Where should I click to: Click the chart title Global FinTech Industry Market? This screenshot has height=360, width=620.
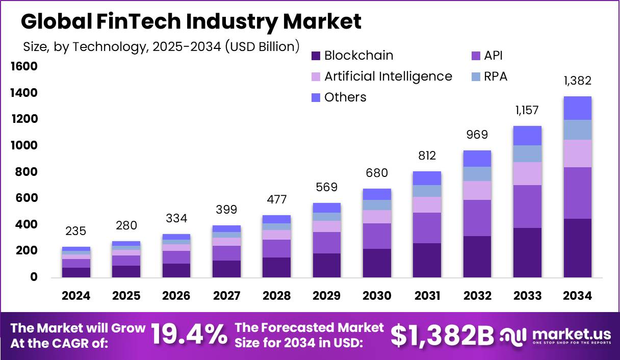click(191, 21)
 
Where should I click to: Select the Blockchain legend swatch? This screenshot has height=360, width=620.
click(316, 56)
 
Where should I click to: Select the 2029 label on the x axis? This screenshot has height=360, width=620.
click(326, 296)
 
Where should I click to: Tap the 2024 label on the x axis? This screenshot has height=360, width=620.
click(76, 296)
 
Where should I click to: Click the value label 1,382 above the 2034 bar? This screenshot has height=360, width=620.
click(577, 81)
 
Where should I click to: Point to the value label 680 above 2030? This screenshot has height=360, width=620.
click(377, 173)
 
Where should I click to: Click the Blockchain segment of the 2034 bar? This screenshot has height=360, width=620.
click(577, 248)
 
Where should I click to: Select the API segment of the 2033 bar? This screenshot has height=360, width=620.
click(527, 206)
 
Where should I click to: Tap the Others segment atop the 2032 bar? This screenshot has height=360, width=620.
click(477, 159)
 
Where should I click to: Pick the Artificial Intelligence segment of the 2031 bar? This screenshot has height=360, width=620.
click(427, 204)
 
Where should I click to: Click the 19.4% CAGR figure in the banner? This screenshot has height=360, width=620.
click(189, 335)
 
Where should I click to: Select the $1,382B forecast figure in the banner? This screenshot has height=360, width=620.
click(442, 335)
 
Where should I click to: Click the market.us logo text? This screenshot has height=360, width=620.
click(571, 334)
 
